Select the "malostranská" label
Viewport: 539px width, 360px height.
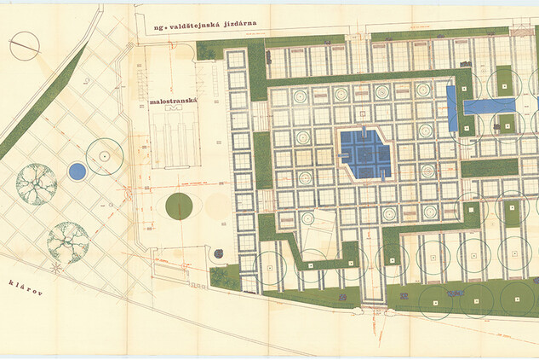(x=174, y=102)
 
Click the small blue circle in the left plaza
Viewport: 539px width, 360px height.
(x=77, y=171)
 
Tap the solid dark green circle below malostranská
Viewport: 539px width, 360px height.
(x=179, y=206)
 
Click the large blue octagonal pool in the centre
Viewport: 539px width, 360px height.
(x=364, y=154)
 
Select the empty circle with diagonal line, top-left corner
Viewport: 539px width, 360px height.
(x=24, y=46)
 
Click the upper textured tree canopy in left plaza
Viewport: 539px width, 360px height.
(x=37, y=183)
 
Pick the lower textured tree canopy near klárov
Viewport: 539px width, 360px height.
(x=68, y=241)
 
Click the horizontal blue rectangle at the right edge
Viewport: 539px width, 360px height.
(x=489, y=106)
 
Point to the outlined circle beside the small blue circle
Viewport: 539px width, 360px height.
(x=104, y=157)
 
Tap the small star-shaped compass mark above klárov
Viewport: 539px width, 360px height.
(x=56, y=267)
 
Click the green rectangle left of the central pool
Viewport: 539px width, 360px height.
(x=262, y=160)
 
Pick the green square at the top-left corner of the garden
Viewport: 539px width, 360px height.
(x=209, y=50)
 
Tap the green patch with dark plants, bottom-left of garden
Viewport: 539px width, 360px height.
(x=226, y=276)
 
